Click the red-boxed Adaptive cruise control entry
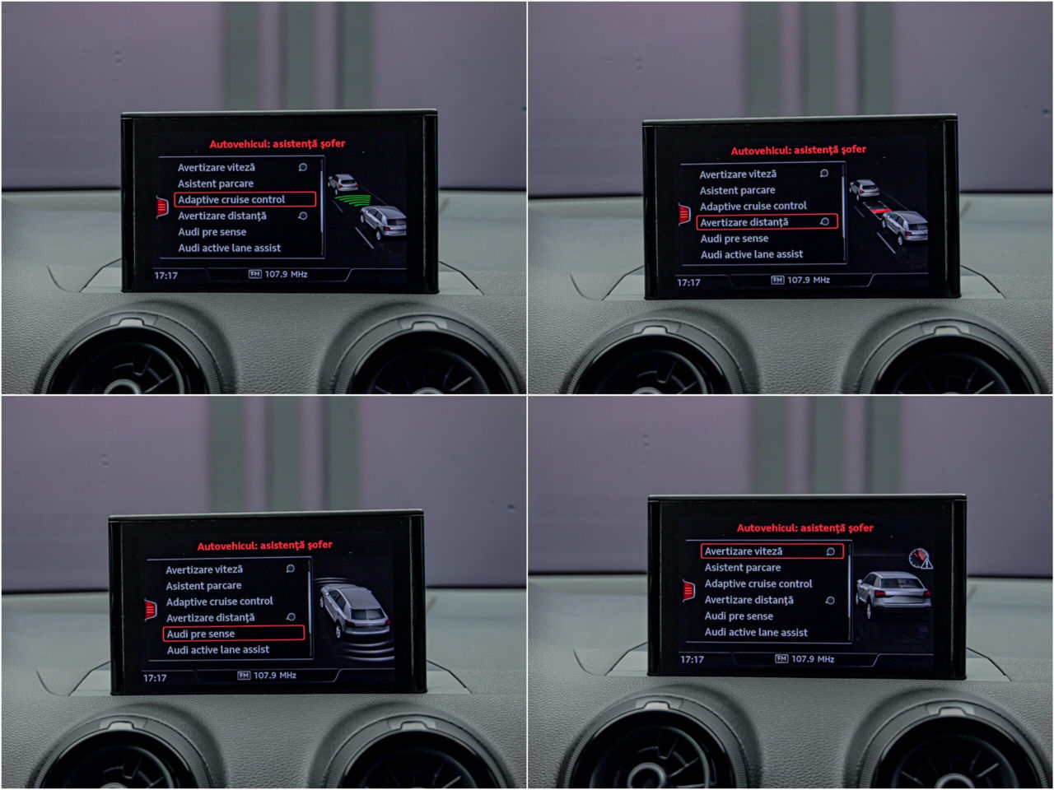coord(245,199)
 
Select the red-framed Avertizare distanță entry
coord(767,221)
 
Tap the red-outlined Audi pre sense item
coord(233,633)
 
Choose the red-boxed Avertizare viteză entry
coord(772,551)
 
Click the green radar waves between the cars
coord(353,199)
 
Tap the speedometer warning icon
coord(921,559)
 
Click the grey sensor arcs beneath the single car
coord(364,649)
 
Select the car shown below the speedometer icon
coord(893,593)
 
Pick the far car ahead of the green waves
coord(343,183)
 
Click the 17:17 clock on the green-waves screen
coord(166,276)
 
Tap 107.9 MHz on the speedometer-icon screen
coord(813,658)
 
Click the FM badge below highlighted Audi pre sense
coord(244,676)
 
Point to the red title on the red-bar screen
coord(798,150)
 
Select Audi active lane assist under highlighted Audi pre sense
coord(218,649)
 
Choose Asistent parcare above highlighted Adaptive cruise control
coord(216,184)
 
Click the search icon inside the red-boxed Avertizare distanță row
coord(824,221)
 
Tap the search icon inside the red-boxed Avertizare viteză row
coord(830,551)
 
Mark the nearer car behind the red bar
coord(905,225)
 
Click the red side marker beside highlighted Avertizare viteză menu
coord(688,591)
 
